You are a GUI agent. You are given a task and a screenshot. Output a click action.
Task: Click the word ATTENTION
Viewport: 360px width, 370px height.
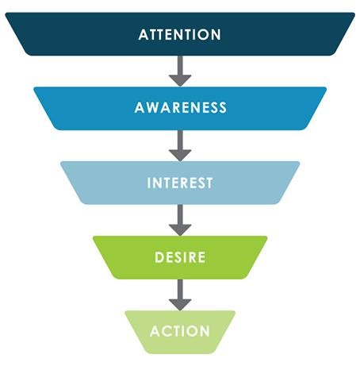(x=180, y=35)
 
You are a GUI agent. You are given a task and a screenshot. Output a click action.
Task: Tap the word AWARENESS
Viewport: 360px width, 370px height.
(x=181, y=107)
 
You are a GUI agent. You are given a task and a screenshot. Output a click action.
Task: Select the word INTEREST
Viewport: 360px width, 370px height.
(x=180, y=183)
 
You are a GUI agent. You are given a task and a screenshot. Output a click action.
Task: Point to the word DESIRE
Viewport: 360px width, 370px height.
(x=180, y=257)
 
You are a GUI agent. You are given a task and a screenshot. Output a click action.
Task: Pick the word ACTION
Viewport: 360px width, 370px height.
(x=180, y=331)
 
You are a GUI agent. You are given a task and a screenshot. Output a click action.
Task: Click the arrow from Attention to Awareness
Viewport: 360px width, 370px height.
(x=180, y=71)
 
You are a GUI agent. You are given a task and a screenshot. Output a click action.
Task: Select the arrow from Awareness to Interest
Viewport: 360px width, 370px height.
(x=180, y=146)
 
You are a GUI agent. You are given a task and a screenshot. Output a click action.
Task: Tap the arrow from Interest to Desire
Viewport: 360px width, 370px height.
(x=180, y=220)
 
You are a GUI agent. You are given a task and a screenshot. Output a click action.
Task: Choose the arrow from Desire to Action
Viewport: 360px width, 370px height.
(x=180, y=295)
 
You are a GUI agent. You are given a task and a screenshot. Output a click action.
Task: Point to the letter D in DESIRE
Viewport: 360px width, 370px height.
(x=159, y=257)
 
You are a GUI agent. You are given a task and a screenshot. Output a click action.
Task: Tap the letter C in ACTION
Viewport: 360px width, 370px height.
(x=166, y=331)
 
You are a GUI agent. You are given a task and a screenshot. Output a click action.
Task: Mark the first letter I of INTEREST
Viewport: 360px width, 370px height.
(x=148, y=183)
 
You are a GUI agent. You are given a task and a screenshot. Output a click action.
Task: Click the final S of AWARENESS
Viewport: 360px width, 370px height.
(x=223, y=107)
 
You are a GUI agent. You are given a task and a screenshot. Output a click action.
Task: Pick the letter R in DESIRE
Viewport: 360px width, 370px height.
(x=191, y=257)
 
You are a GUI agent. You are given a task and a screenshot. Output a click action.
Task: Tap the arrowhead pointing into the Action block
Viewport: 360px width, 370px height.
(x=180, y=305)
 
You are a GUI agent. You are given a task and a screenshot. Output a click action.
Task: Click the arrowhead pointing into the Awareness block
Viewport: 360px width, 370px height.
(x=180, y=81)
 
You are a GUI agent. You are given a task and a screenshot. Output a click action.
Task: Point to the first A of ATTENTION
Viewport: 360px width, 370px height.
(x=143, y=35)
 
